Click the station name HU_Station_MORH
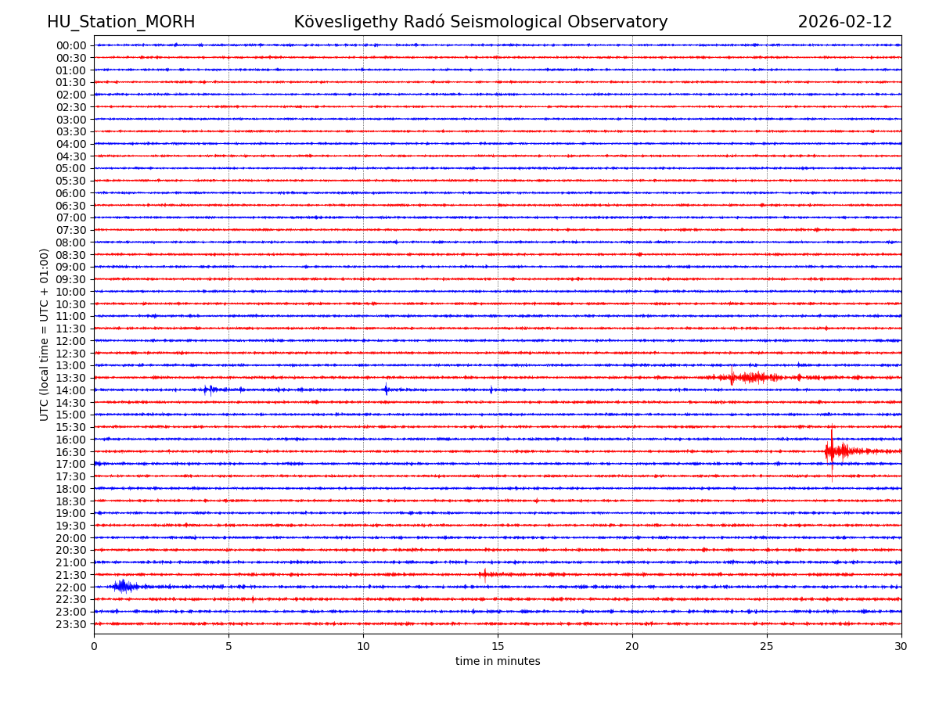point(121,23)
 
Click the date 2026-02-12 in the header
point(844,23)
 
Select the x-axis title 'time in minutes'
point(498,662)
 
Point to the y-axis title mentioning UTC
point(45,334)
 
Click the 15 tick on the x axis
point(498,646)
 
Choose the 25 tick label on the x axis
point(767,646)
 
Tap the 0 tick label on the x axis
point(94,646)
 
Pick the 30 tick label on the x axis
point(901,646)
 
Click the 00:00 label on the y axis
point(71,45)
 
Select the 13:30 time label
point(71,378)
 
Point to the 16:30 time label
point(71,452)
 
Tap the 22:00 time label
point(71,587)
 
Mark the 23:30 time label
point(71,624)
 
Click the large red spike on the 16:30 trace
point(832,450)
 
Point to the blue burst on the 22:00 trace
point(123,586)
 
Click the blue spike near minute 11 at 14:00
point(386,389)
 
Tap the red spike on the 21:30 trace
point(484,574)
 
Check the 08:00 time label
point(71,242)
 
